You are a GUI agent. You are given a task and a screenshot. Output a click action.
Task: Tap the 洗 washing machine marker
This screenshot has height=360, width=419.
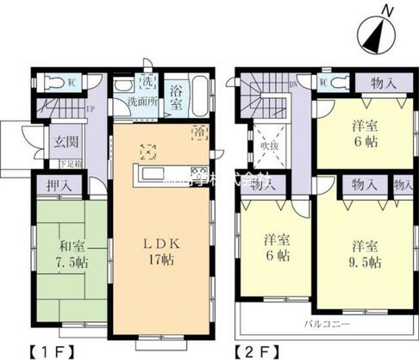tap(147, 83)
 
